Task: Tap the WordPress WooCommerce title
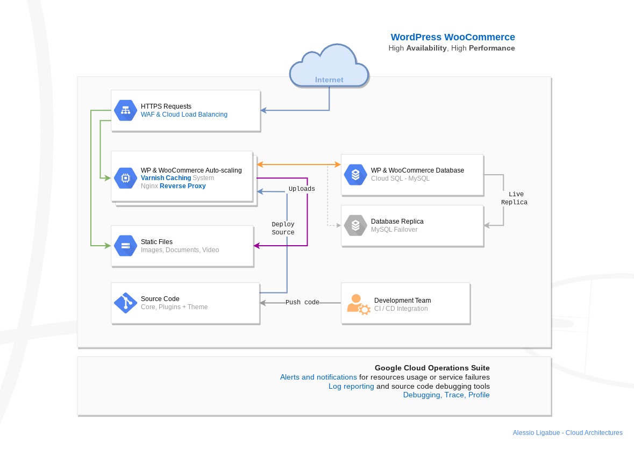(452, 37)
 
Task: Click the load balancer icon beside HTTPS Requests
(125, 110)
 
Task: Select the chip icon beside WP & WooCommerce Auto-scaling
(125, 178)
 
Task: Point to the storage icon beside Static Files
(125, 246)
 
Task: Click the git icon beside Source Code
(125, 303)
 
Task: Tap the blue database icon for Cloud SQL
(355, 175)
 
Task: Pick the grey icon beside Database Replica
(355, 225)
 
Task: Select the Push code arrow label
(302, 302)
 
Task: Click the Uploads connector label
(302, 189)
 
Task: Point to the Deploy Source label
(283, 228)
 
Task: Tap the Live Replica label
(514, 198)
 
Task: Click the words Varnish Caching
(166, 178)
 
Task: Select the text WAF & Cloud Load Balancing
(184, 115)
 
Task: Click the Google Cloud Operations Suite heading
(432, 368)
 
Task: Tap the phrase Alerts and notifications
(319, 377)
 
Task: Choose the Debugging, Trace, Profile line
(446, 395)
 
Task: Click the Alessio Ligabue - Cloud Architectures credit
(568, 433)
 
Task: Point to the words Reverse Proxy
(183, 186)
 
